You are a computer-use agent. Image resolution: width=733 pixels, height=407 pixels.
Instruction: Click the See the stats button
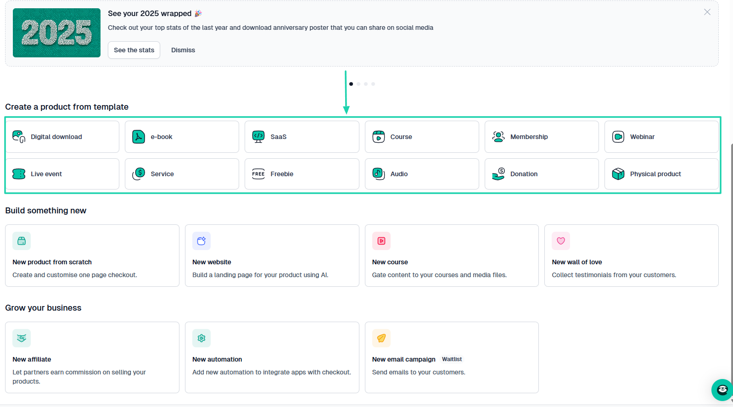coord(134,50)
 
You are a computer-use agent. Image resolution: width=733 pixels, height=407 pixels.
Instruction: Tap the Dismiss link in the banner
coord(183,50)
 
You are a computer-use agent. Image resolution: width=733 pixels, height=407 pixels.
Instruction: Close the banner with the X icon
coord(707,12)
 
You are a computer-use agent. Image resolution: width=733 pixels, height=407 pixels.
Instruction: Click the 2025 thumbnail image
coord(56,33)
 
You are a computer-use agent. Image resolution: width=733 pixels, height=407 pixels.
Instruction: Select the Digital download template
coord(62,137)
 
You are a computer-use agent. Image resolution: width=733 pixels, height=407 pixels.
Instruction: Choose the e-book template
coord(182,137)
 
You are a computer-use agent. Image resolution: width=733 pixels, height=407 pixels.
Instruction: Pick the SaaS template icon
coord(258,137)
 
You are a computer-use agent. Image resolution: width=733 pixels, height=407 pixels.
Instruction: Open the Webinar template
coord(661,137)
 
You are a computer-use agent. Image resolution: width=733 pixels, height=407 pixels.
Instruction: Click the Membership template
coord(542,137)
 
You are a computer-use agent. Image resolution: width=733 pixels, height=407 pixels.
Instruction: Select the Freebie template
coord(302,174)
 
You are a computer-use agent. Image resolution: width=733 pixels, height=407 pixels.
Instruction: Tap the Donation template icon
coord(498,174)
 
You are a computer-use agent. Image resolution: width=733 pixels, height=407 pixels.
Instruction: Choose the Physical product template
coord(661,174)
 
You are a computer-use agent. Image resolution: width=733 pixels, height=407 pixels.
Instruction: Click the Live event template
coord(62,174)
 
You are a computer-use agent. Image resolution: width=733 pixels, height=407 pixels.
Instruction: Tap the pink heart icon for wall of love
coord(561,241)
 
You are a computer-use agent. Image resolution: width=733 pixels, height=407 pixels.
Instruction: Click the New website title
coord(212,262)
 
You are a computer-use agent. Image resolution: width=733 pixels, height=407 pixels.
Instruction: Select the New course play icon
coord(381,241)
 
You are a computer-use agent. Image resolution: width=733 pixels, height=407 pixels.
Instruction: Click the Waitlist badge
coord(452,359)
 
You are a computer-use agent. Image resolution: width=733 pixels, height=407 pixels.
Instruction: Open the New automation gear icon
coord(201,338)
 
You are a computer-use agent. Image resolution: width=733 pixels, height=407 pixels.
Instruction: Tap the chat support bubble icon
coord(722,390)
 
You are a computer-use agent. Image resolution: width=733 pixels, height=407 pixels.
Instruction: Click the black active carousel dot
coord(351,84)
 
